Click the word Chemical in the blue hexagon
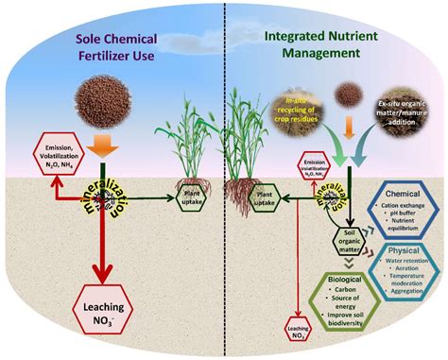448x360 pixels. click(391, 195)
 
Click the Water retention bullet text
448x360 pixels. click(401, 266)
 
